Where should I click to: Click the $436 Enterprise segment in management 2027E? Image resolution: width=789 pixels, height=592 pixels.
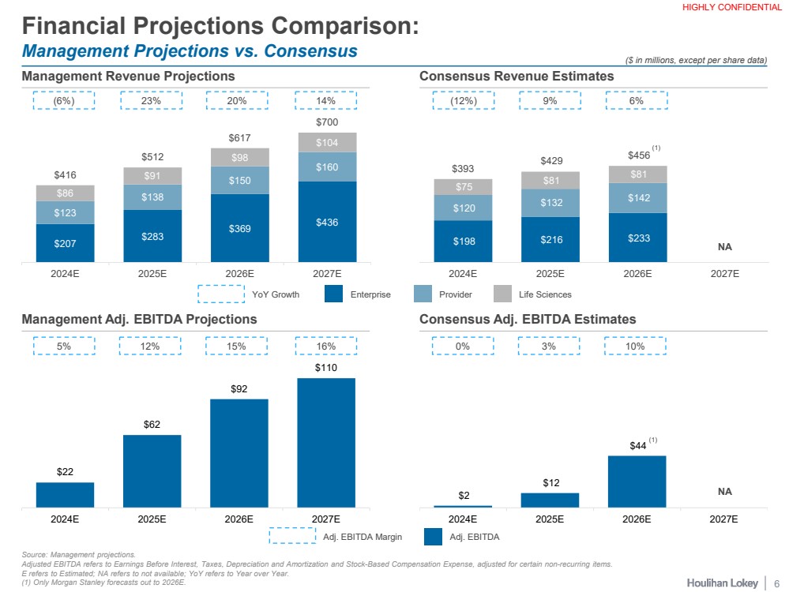click(326, 222)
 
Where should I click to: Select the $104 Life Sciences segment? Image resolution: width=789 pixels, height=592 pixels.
click(326, 142)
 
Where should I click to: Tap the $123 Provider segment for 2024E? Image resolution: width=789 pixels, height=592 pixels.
click(65, 212)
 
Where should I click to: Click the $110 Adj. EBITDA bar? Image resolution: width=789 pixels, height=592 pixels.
click(326, 442)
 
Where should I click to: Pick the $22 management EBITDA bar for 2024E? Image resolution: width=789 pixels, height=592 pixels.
click(65, 495)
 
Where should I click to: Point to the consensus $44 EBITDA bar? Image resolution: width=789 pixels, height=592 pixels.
click(637, 481)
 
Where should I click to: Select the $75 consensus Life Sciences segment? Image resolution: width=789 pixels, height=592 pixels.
click(463, 186)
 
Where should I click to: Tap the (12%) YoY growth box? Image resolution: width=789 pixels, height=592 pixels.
click(463, 101)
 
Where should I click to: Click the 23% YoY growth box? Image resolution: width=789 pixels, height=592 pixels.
click(151, 101)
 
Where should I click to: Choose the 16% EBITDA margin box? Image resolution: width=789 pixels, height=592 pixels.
click(326, 347)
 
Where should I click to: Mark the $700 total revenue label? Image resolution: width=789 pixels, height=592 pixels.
click(326, 122)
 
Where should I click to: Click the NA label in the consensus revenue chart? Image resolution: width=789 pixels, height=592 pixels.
click(724, 247)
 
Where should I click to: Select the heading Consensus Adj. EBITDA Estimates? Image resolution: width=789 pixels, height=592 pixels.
click(528, 320)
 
